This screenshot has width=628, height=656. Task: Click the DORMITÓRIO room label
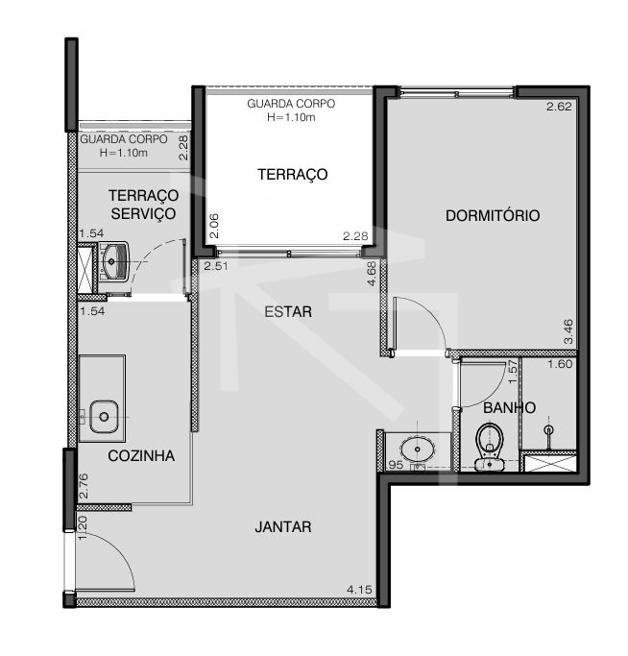pyautogui.click(x=493, y=215)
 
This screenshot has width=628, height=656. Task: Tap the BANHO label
pyautogui.click(x=509, y=407)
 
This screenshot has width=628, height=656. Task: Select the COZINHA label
pyautogui.click(x=141, y=455)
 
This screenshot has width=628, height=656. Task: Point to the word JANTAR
pyautogui.click(x=283, y=526)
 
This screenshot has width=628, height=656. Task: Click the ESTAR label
pyautogui.click(x=288, y=312)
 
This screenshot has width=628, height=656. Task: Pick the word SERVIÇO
pyautogui.click(x=143, y=214)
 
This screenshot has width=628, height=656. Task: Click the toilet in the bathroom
pyautogui.click(x=490, y=447)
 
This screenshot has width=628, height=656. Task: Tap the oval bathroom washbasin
pyautogui.click(x=418, y=449)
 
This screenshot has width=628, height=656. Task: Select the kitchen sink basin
pyautogui.click(x=104, y=417)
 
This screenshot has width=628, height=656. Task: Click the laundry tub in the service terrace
pyautogui.click(x=114, y=262)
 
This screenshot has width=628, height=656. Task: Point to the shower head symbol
pyautogui.click(x=548, y=429)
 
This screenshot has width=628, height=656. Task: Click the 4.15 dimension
pyautogui.click(x=359, y=590)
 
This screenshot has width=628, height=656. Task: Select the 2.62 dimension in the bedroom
pyautogui.click(x=559, y=107)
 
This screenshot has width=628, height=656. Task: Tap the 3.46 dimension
pyautogui.click(x=568, y=331)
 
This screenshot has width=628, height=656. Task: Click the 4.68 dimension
pyautogui.click(x=372, y=274)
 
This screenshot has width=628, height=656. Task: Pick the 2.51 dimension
pyautogui.click(x=216, y=266)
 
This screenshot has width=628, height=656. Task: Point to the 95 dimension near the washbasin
pyautogui.click(x=396, y=465)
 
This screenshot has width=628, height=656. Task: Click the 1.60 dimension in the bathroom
pyautogui.click(x=560, y=364)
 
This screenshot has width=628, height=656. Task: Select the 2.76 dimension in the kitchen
pyautogui.click(x=84, y=485)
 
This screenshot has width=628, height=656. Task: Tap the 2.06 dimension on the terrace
pyautogui.click(x=214, y=226)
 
